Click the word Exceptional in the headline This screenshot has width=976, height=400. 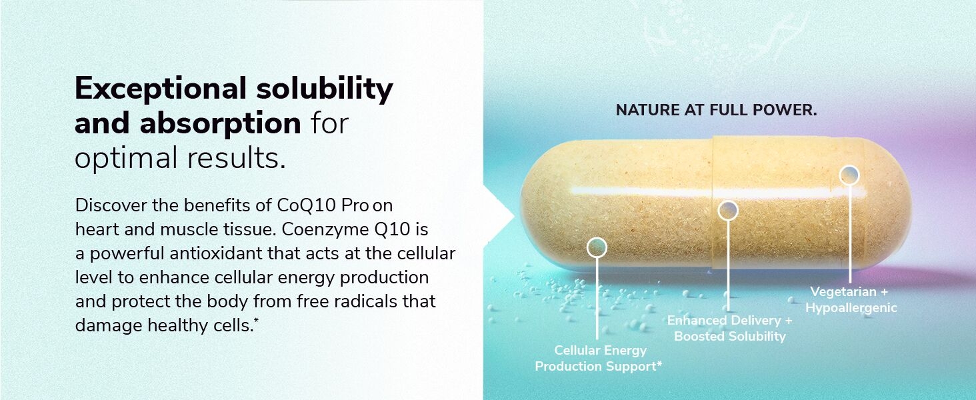pyautogui.click(x=161, y=89)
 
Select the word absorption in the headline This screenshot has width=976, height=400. pyautogui.click(x=221, y=124)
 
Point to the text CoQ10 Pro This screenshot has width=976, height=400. pyautogui.click(x=323, y=205)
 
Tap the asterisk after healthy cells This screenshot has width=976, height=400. pyautogui.click(x=256, y=320)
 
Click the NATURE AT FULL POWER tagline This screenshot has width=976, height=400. pyautogui.click(x=716, y=110)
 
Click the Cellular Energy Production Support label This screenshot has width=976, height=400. pyautogui.click(x=599, y=358)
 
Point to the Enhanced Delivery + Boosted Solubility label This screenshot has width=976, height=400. pyautogui.click(x=730, y=328)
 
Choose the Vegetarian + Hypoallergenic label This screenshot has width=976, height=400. pyautogui.click(x=851, y=299)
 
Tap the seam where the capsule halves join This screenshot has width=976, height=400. pyautogui.click(x=713, y=203)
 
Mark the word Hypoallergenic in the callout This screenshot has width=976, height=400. pyautogui.click(x=851, y=308)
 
